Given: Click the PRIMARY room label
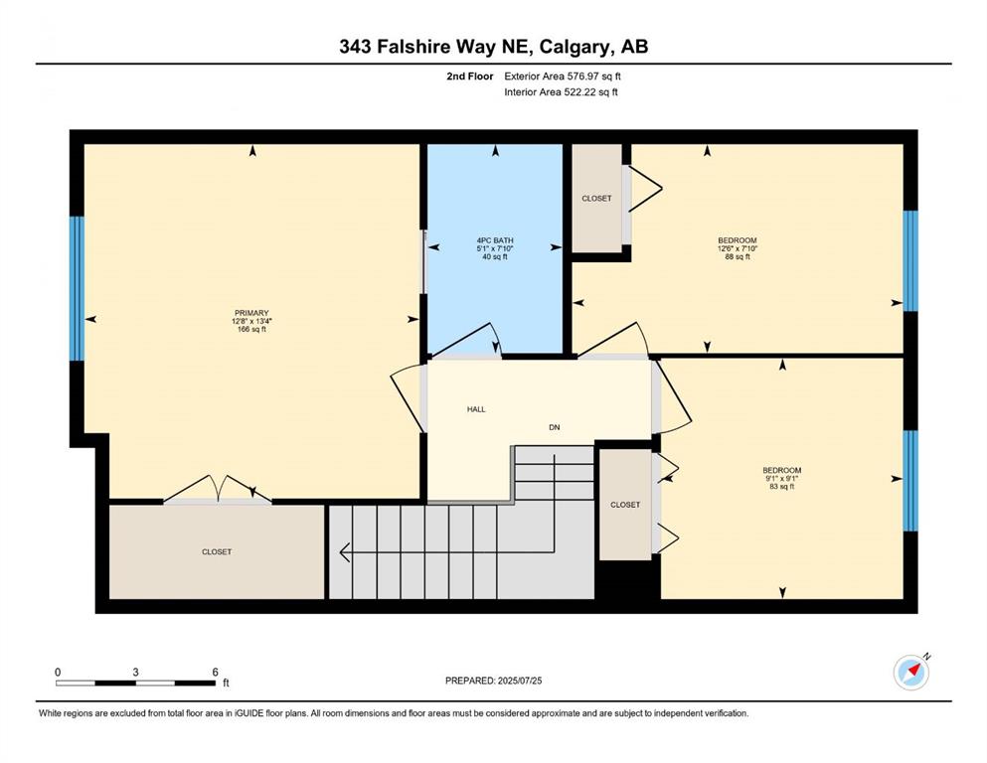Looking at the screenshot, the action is tap(251, 313).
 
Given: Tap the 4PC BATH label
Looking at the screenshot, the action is tap(495, 240).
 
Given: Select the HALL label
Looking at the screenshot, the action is tap(476, 409).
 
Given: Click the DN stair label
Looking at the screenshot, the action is tap(554, 427).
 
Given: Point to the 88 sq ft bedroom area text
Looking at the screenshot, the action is tap(738, 256).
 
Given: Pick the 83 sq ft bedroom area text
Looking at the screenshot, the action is tap(782, 486).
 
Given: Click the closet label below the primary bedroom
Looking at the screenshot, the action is tap(217, 551).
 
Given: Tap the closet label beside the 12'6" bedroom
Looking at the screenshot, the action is tap(596, 198).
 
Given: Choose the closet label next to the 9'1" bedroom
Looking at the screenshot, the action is tap(625, 505).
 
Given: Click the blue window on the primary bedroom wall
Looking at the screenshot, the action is tap(77, 289).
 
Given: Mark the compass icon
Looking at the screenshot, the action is tap(911, 673).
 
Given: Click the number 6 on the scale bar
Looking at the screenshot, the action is tap(216, 672).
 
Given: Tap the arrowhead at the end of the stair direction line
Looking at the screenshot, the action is tap(344, 552).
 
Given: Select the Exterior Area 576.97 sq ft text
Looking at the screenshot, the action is tap(563, 76).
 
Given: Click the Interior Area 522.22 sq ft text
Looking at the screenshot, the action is tap(561, 91).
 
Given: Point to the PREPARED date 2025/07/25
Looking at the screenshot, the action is tap(519, 681).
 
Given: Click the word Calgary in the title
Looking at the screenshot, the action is tap(576, 47).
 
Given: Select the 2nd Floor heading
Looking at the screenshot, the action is tap(469, 76).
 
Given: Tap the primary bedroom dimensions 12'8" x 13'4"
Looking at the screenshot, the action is tap(251, 321).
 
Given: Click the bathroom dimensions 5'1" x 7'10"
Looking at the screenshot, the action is tap(495, 248).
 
